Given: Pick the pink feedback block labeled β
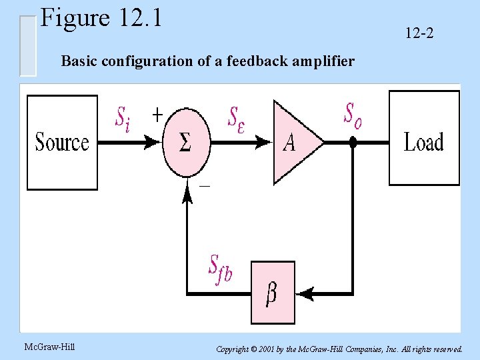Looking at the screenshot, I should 272,293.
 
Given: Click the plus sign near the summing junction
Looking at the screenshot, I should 157,114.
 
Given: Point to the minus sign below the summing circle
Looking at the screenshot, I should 205,186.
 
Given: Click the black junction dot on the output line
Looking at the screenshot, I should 353,142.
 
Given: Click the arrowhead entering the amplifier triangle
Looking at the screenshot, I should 265,142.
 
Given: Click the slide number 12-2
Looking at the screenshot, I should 419,31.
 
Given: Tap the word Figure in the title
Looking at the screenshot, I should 74,18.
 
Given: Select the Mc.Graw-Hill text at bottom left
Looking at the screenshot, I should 49,346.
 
